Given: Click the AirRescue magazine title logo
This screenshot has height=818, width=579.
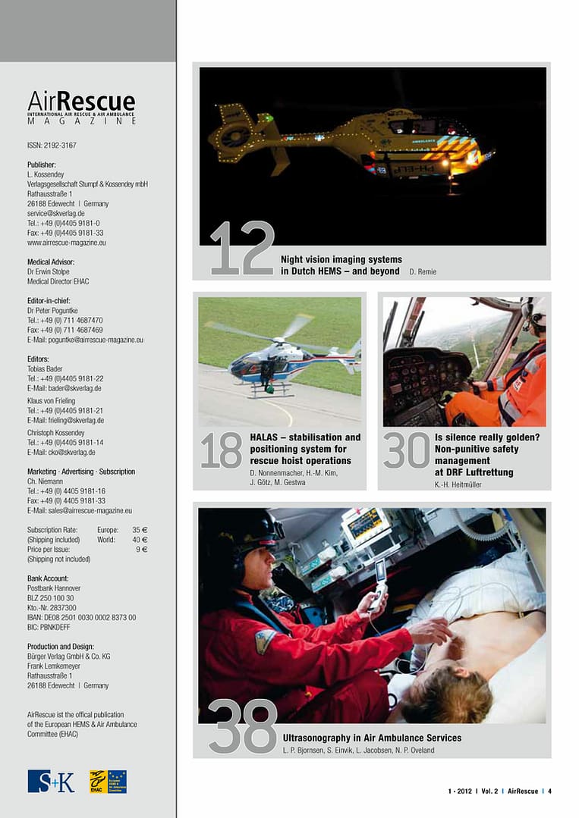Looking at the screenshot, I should point(82,106).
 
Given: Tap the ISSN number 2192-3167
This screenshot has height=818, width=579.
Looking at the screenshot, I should point(52,146).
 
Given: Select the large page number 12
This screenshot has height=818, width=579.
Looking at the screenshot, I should point(242,248).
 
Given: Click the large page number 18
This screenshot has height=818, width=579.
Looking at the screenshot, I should point(221,451).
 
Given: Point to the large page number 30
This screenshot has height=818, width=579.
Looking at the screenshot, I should point(406,451).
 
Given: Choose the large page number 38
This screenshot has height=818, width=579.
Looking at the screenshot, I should point(242,727).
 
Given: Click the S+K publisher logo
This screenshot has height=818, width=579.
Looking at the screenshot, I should point(51,781).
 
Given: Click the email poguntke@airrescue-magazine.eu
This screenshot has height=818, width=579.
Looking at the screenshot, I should point(85,340).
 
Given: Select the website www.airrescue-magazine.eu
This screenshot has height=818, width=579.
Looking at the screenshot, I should point(67,243).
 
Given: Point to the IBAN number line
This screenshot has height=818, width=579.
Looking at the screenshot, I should point(82,618).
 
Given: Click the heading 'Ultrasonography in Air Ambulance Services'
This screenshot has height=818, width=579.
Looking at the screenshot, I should point(372,738).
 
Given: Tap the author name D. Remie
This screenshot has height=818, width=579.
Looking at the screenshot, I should point(423,271).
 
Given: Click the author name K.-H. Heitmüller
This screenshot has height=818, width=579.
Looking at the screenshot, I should point(458,484).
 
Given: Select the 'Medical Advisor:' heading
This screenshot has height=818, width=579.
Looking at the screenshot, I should point(51,262).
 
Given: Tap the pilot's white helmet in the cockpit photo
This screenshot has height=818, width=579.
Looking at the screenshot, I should point(536,312).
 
